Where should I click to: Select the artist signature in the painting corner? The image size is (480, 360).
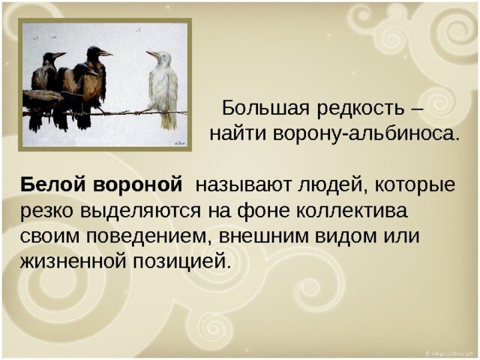coord(178,139)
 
